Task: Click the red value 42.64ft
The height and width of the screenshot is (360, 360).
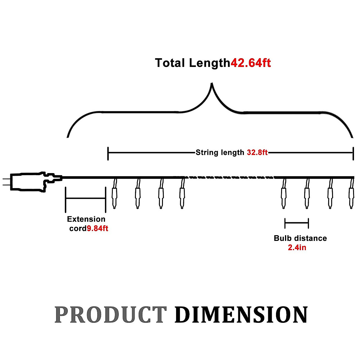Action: tap(251, 63)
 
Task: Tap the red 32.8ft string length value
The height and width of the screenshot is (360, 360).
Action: tap(257, 152)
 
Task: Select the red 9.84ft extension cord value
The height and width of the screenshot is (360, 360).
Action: tap(97, 229)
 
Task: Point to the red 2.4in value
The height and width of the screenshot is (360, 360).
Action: tap(297, 247)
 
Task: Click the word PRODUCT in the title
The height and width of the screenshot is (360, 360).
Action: tap(110, 315)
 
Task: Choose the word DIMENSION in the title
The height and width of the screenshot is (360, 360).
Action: tap(241, 315)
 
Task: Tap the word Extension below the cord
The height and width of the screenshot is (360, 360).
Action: tap(86, 219)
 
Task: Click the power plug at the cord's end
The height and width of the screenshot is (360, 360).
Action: tap(30, 181)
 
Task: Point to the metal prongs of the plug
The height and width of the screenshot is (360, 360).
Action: tap(6, 182)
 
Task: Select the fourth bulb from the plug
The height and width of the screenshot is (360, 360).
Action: tap(182, 196)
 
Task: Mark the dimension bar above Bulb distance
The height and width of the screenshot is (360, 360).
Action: tap(296, 223)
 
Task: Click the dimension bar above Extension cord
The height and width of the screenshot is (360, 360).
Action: tap(85, 198)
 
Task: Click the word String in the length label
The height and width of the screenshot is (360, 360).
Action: tap(206, 152)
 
